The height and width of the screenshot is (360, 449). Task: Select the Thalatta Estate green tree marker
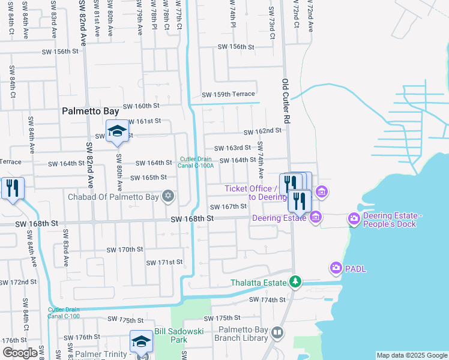click(295, 281)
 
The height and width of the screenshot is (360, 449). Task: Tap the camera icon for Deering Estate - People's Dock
click(353, 220)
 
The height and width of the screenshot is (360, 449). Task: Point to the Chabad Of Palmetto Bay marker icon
click(169, 196)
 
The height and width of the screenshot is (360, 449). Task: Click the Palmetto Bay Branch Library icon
click(277, 332)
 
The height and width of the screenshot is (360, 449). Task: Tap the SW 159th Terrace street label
click(228, 94)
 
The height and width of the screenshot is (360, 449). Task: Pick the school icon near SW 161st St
click(117, 131)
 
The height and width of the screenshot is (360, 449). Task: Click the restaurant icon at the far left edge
click(13, 188)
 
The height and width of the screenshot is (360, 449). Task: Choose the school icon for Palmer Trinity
click(141, 341)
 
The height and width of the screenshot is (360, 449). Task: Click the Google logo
click(20, 353)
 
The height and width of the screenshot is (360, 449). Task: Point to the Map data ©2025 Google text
click(411, 355)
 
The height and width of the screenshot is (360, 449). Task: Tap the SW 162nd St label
click(262, 131)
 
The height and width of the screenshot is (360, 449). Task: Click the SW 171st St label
click(164, 262)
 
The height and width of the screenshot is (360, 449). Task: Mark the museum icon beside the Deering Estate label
click(316, 217)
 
